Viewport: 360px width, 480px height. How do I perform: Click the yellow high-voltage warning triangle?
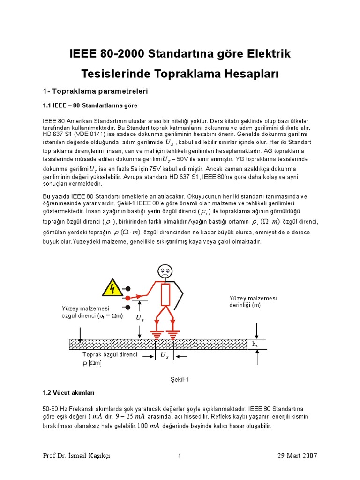click(x=112, y=288)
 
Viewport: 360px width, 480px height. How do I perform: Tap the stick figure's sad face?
click(x=165, y=270)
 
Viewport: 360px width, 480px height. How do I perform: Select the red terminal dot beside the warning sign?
click(x=127, y=298)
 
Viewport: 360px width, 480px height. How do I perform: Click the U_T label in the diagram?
click(x=140, y=318)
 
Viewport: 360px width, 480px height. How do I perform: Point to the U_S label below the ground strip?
click(x=165, y=355)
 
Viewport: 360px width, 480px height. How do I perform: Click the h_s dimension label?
click(x=255, y=345)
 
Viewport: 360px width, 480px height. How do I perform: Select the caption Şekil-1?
click(x=180, y=379)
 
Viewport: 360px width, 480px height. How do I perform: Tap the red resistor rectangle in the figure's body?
click(x=165, y=294)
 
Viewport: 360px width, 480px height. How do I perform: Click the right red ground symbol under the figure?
click(x=173, y=334)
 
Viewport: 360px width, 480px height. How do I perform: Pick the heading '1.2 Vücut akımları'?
click(x=68, y=392)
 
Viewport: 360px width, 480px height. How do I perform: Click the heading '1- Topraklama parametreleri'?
click(x=95, y=91)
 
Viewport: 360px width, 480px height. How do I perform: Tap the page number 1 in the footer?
click(x=180, y=456)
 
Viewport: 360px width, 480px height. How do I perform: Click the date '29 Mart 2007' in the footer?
click(x=297, y=456)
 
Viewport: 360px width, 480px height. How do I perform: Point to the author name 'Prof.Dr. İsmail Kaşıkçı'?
click(x=76, y=456)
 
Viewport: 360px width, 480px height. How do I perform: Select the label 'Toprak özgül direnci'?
click(x=110, y=354)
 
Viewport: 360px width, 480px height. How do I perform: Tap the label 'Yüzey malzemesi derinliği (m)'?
click(x=253, y=301)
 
